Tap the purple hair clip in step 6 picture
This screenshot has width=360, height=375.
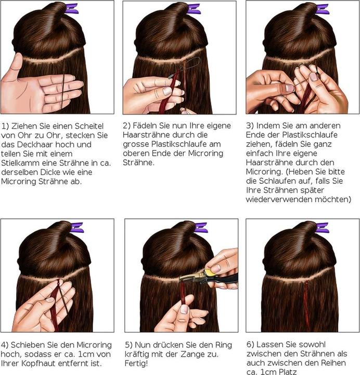click(322, 228)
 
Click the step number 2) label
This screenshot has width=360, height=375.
click(127, 127)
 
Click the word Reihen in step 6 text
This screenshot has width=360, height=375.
click(336, 363)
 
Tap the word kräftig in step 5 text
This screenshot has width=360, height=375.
click(138, 354)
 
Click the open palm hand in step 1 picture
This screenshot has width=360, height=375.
click(36, 89)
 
